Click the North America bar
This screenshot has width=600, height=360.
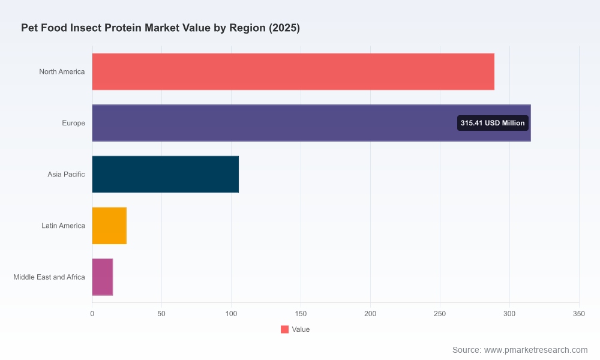pos(293,71)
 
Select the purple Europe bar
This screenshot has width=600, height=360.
pos(311,123)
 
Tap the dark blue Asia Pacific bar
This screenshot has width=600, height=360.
pos(166,174)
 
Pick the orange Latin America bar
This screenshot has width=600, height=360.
pos(109,226)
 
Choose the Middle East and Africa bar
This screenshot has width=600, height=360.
pos(102,277)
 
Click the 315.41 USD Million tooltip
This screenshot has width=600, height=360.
pos(493,123)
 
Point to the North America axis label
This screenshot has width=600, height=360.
pos(62,71)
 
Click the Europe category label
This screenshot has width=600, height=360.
pos(73,123)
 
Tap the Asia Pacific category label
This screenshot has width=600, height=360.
pos(66,174)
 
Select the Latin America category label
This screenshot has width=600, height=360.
pos(63,226)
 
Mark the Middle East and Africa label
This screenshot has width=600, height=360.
pos(49,277)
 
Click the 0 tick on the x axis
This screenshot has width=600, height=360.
pos(92,314)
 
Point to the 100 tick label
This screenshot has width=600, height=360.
pos(231,314)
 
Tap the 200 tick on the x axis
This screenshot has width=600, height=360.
pos(370,314)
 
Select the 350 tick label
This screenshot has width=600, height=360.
pos(579,314)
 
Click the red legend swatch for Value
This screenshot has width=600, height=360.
pos(284,329)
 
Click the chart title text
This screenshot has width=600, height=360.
pos(160,28)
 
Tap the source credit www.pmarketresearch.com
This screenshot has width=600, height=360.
pos(536,350)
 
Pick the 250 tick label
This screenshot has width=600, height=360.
pos(440,314)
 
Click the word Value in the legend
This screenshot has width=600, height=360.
pos(301,329)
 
